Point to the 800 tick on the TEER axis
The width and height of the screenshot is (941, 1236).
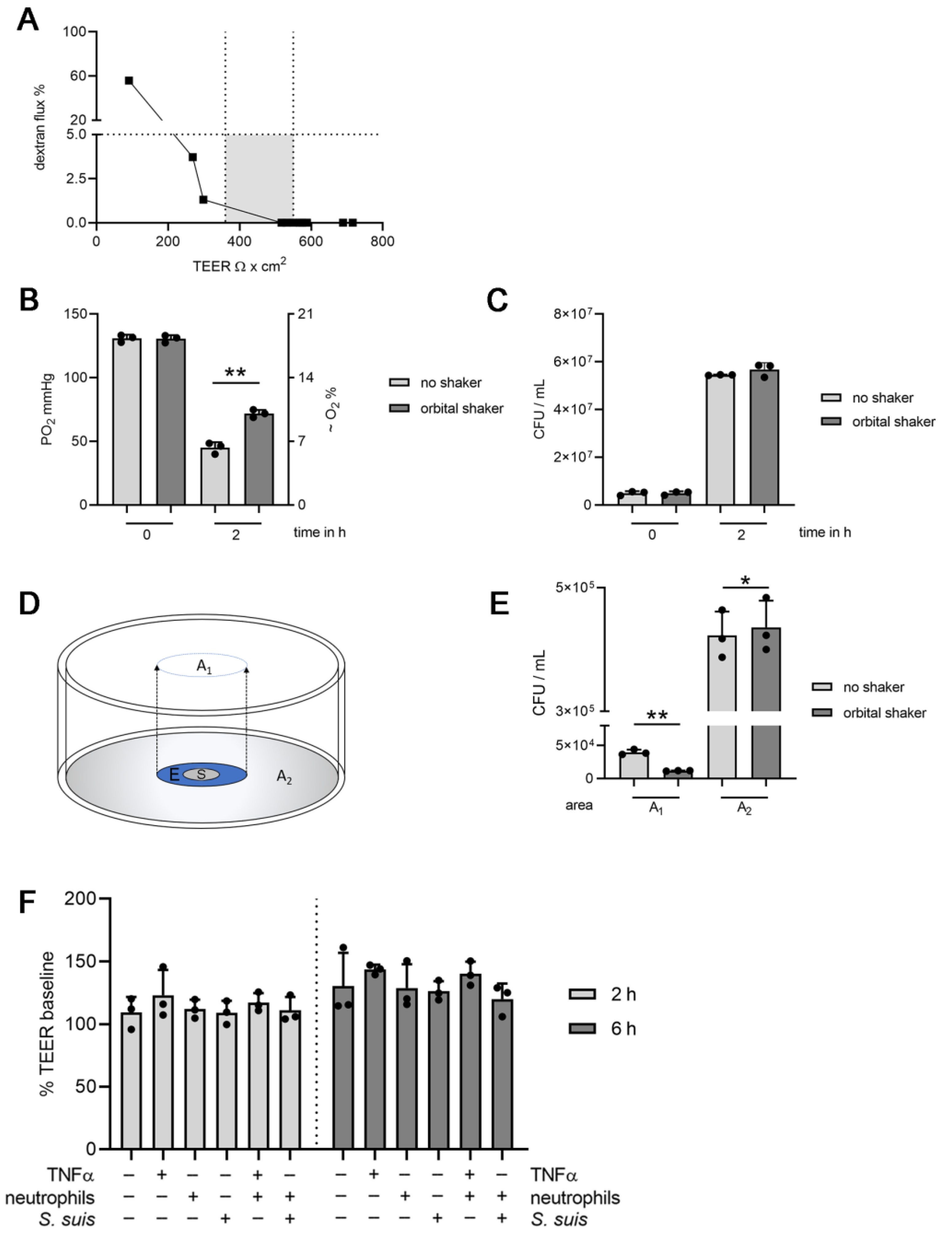click(x=382, y=241)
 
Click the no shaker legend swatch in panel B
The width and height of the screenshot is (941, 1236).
click(x=399, y=382)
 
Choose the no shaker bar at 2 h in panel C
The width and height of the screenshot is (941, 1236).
click(x=720, y=440)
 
